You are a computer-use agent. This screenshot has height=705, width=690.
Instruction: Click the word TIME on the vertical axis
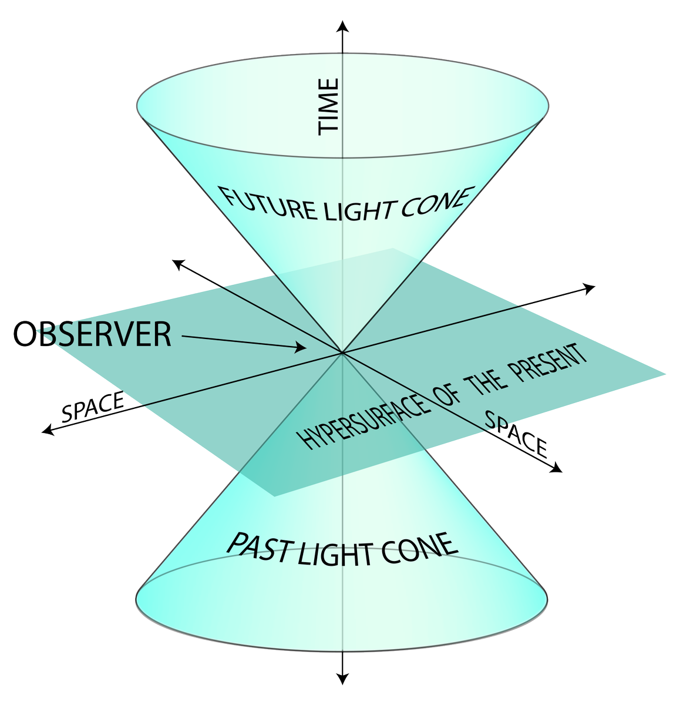coord(328,107)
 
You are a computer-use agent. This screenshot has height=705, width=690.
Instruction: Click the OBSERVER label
coord(92,334)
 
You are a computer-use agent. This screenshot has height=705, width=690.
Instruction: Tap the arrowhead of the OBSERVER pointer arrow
coord(301,348)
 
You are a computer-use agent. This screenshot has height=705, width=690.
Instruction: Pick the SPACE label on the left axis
coord(93,407)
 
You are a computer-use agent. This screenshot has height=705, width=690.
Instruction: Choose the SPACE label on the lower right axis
coord(516,434)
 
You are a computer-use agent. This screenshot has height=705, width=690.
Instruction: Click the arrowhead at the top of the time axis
coord(342,26)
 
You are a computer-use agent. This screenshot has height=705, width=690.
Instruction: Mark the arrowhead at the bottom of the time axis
coord(342,679)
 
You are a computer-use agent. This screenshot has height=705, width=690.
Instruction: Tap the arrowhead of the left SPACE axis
coord(48,430)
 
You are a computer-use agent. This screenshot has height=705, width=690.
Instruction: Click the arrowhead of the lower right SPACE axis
coord(556,468)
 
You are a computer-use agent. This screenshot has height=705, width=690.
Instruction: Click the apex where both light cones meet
coord(342,353)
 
